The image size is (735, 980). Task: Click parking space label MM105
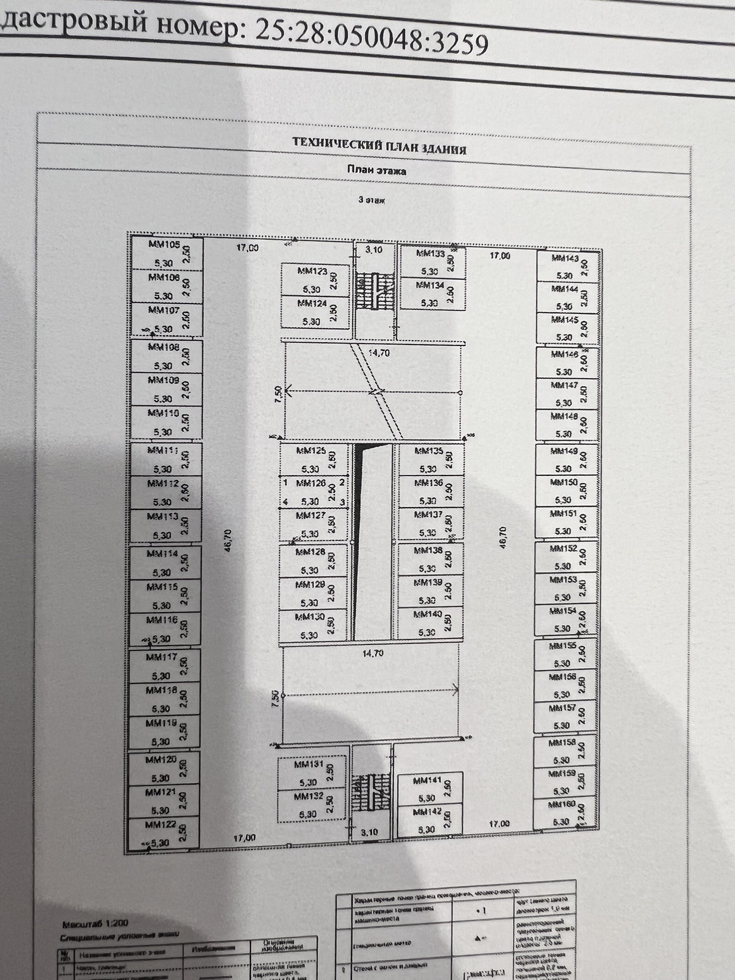(x=164, y=244)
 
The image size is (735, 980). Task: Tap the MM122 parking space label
(x=160, y=824)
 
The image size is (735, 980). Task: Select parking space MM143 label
(x=565, y=258)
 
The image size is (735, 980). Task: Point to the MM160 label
(x=562, y=805)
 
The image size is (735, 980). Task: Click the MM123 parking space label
(x=312, y=271)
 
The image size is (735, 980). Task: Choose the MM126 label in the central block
(x=311, y=483)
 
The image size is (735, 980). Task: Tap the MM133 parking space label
(x=430, y=253)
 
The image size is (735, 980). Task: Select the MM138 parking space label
(x=428, y=550)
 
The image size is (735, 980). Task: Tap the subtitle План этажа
(x=377, y=170)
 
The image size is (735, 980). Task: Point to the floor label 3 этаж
(x=372, y=200)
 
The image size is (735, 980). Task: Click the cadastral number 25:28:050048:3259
(x=371, y=36)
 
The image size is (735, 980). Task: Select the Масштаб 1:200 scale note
(x=95, y=923)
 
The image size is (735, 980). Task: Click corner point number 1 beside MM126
(x=285, y=483)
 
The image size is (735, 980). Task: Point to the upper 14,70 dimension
(x=378, y=353)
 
